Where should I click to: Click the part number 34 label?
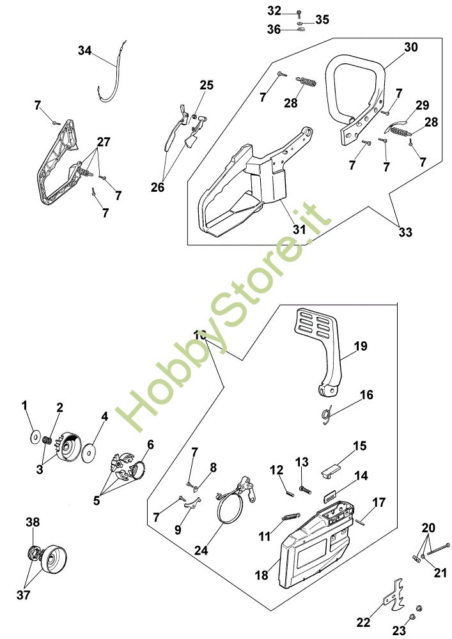[x=85, y=50]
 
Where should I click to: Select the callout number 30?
[x=410, y=47]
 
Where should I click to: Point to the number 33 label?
[x=405, y=233]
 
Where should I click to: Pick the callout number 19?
[x=361, y=346]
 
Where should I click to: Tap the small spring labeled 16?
[x=329, y=416]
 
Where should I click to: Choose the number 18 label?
[x=261, y=575]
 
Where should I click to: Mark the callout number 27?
[x=104, y=141]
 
